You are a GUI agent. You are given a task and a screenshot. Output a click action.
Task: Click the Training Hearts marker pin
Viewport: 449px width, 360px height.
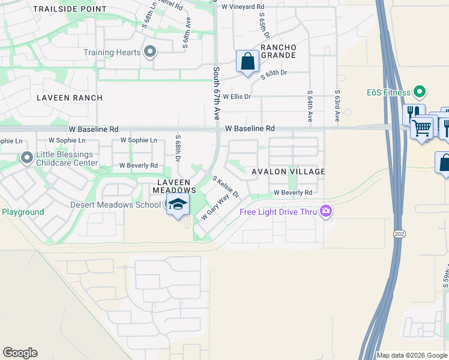[150, 52]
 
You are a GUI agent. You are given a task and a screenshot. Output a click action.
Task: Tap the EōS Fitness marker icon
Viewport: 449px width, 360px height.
[420, 92]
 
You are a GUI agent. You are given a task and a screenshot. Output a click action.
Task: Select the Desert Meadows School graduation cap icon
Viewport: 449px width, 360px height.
[178, 204]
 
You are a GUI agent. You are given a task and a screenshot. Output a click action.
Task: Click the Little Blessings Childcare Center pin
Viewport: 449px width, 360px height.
[27, 158]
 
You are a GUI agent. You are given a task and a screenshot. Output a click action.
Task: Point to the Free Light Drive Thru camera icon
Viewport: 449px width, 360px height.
[326, 211]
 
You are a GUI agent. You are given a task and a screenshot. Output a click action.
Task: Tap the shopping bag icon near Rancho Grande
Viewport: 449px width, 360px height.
[247, 61]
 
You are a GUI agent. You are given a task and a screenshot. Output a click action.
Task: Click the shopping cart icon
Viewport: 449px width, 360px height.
[422, 127]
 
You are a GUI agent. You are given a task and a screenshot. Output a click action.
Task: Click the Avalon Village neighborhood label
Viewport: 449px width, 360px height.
[288, 172]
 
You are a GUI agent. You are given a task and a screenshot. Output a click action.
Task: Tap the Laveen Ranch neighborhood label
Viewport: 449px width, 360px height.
[70, 98]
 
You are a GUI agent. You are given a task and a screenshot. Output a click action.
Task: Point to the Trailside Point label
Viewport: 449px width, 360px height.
[70, 10]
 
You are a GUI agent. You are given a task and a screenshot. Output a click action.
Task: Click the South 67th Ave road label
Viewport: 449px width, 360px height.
[216, 94]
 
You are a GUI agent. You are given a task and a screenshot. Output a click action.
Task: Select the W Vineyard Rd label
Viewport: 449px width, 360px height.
[243, 7]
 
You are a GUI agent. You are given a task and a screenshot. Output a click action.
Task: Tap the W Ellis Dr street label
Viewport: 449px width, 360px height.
[237, 96]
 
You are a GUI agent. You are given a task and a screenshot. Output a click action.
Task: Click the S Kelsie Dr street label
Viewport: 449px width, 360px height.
[226, 187]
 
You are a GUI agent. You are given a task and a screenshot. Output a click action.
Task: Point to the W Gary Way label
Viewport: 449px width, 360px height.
[215, 206]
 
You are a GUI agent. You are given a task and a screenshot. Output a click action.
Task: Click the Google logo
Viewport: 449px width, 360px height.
[20, 353]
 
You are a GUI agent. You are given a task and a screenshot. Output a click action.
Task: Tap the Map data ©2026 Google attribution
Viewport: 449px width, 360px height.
[412, 355]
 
